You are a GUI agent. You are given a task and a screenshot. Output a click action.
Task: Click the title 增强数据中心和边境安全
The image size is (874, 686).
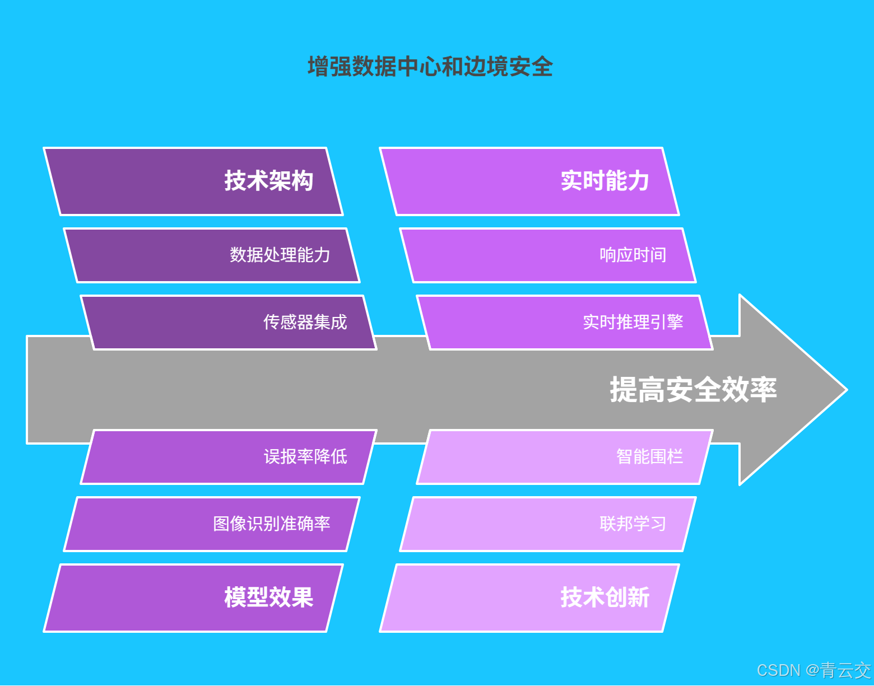click(430, 67)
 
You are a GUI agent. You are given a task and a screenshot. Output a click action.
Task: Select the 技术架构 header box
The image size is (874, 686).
click(193, 181)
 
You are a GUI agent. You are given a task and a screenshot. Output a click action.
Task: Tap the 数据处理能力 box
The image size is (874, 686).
click(212, 255)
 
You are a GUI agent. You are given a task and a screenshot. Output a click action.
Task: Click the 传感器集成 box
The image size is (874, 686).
click(229, 323)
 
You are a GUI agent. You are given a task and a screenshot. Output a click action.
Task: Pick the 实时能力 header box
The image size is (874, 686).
click(529, 181)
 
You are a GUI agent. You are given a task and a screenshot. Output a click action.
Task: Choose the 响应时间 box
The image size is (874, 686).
click(548, 255)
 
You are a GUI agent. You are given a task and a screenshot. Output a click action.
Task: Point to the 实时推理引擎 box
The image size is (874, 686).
click(565, 323)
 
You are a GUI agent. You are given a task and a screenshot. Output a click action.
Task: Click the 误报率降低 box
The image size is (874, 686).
click(229, 457)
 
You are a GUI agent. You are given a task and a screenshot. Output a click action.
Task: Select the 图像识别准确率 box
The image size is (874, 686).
click(212, 524)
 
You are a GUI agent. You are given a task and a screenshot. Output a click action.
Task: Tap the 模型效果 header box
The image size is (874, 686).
click(193, 598)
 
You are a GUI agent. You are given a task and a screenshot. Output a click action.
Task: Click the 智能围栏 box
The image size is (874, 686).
click(565, 457)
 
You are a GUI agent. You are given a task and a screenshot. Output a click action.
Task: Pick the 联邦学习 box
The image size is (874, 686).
click(548, 524)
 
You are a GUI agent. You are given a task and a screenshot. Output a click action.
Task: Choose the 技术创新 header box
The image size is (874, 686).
click(529, 598)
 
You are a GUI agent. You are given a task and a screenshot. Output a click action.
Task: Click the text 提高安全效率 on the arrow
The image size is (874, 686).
click(693, 390)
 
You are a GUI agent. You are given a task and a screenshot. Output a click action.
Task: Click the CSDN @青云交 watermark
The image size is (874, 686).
click(813, 670)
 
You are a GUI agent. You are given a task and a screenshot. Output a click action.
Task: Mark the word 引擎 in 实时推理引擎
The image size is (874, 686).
click(667, 323)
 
